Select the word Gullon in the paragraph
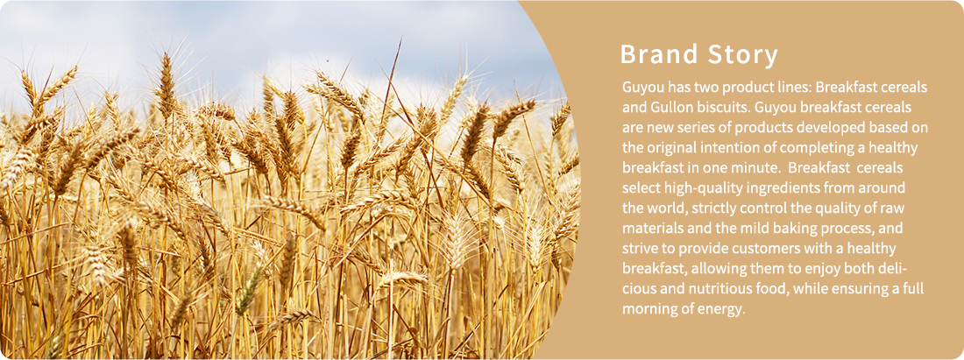click(670, 108)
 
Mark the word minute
click(758, 167)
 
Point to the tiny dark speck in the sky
click(327, 60)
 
